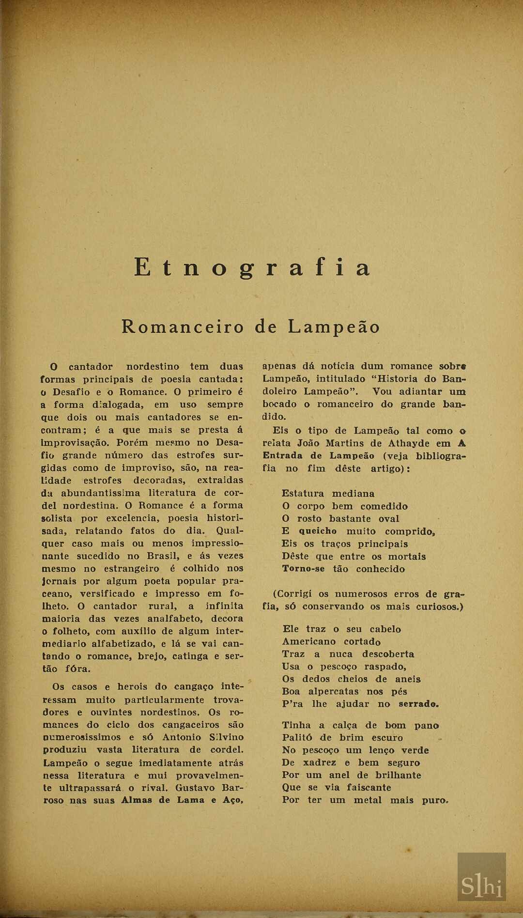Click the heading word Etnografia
point(252,268)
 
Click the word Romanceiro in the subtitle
point(183,327)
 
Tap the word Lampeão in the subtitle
point(334,327)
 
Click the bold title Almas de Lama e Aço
point(181,800)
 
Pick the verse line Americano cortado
point(331,642)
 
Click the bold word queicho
point(318,531)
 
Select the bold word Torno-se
point(304,569)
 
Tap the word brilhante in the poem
point(399,775)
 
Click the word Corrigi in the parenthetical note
point(295,594)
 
